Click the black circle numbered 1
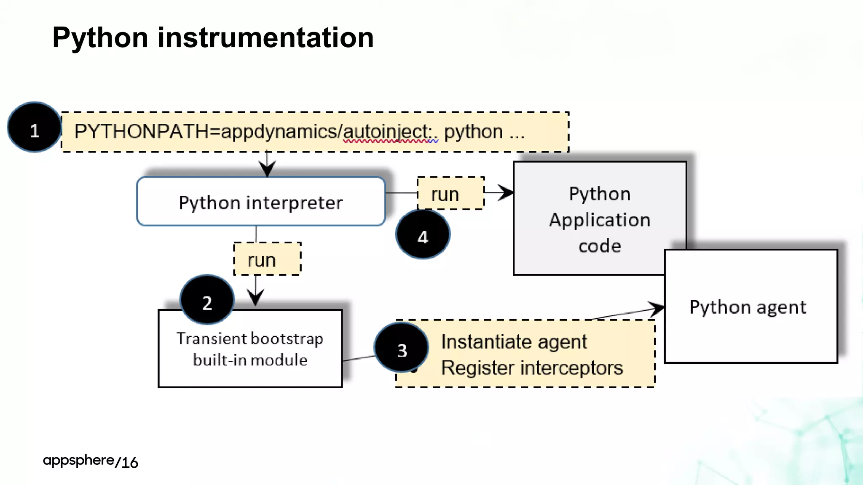(x=35, y=127)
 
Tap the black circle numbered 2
(x=207, y=300)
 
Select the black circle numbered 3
(x=402, y=348)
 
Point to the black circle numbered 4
(x=423, y=235)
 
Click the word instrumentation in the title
(x=265, y=38)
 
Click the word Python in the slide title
(x=100, y=38)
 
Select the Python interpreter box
(x=261, y=202)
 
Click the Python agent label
(x=748, y=307)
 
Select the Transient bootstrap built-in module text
(x=250, y=349)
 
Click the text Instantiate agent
(x=514, y=341)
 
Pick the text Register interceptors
(x=532, y=368)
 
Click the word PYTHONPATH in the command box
(x=141, y=132)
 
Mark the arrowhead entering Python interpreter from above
(x=267, y=169)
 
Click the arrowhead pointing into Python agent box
(x=657, y=309)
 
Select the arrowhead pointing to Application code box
(x=506, y=193)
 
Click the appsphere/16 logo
(x=90, y=461)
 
